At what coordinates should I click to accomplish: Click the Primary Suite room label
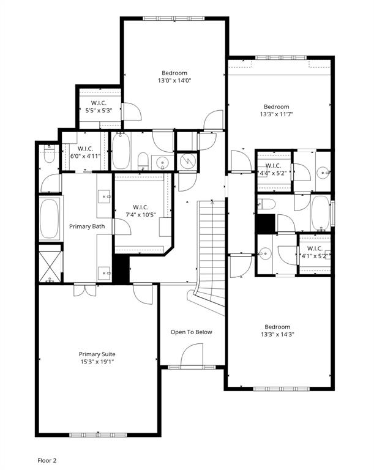coord(97,354)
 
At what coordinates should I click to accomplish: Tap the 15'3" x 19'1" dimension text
coord(97,362)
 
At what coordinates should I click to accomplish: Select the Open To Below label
coord(191,332)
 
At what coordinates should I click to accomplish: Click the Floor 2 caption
coord(47,460)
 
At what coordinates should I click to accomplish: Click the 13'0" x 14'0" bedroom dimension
coord(174,80)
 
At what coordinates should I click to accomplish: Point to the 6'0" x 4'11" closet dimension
coord(85,156)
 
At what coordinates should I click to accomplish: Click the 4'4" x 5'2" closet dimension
coord(273,173)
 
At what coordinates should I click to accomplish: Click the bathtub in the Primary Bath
coord(49,218)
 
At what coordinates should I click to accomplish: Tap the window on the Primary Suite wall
coord(98,435)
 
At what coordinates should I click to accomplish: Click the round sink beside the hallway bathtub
coord(163,163)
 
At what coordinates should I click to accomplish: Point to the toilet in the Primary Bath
coord(50,155)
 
